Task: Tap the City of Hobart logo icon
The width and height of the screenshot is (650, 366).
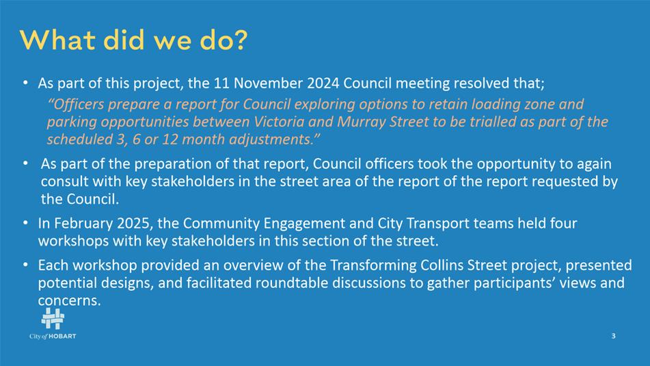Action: [53, 319]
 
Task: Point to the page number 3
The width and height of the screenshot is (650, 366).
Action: [614, 336]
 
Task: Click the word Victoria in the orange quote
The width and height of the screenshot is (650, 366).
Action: [279, 122]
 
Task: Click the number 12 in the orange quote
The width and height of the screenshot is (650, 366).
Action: [170, 139]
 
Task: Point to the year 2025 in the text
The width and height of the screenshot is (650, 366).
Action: [133, 223]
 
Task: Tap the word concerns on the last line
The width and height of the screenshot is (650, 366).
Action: [69, 300]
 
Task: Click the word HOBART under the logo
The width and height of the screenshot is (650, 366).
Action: [63, 336]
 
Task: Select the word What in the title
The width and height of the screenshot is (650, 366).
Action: [58, 40]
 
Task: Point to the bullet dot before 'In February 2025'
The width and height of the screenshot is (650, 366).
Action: [26, 223]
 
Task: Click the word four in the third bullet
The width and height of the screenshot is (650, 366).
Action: [563, 223]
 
